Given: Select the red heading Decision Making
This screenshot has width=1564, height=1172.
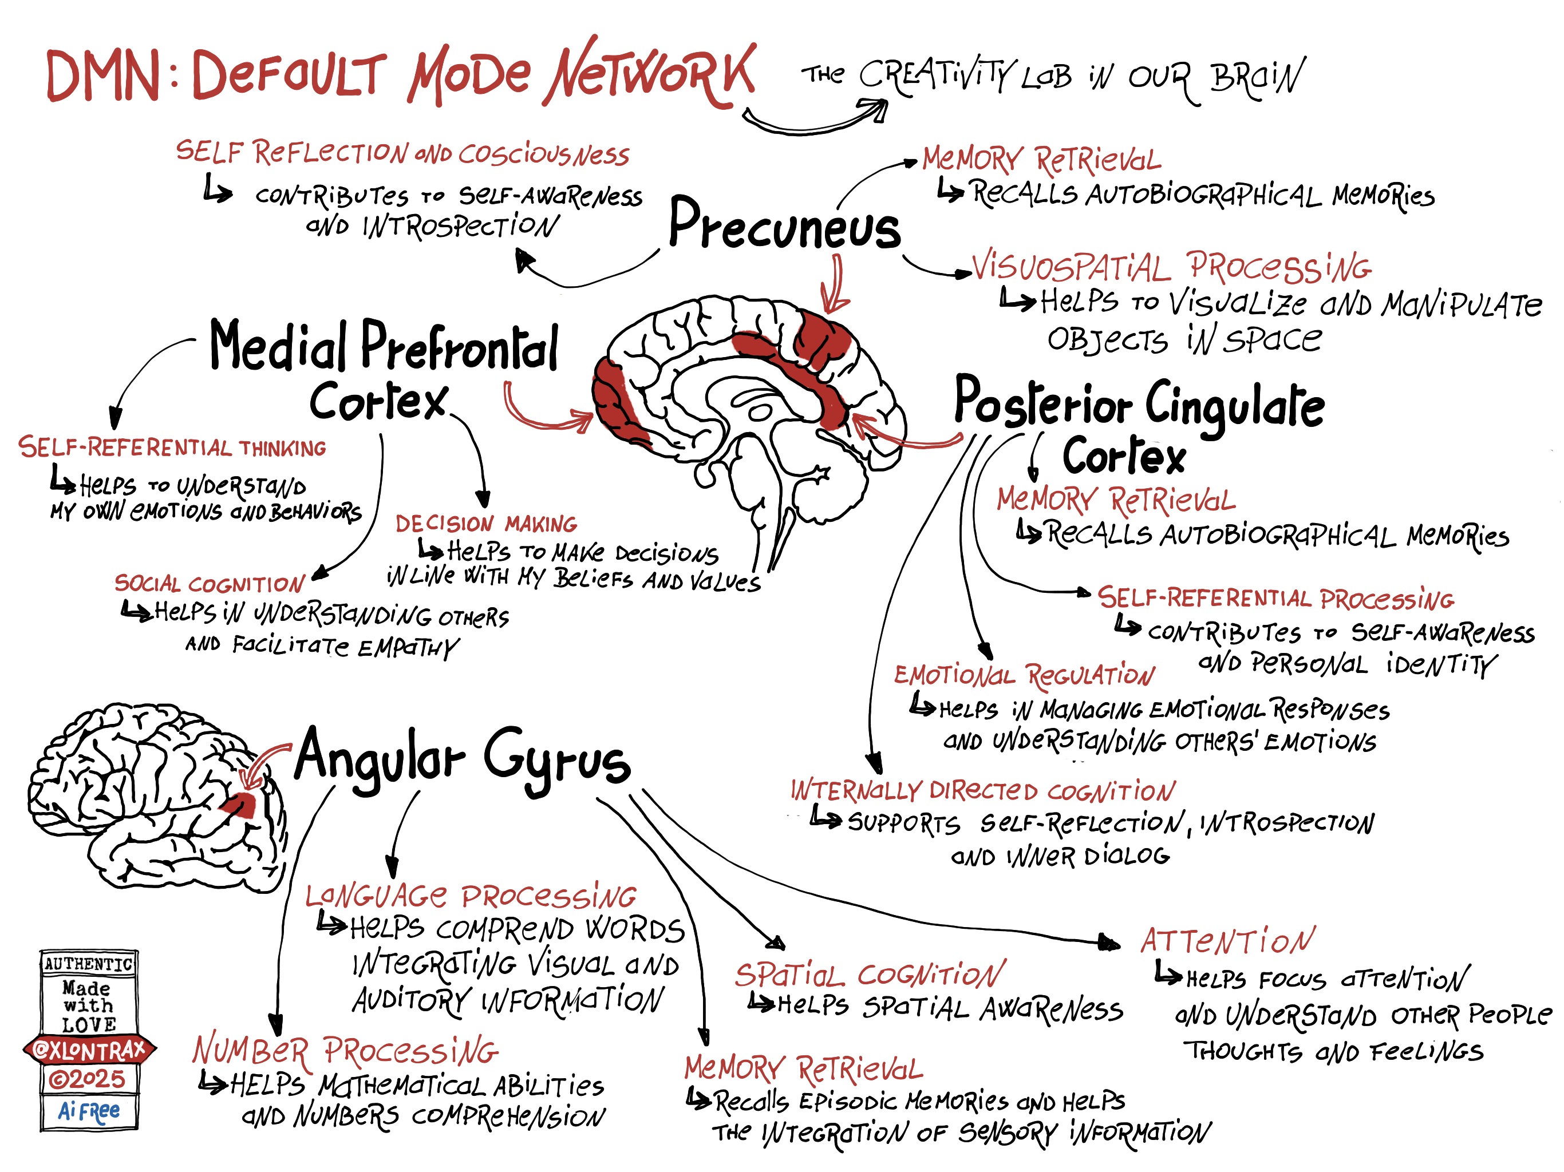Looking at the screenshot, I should pos(486,524).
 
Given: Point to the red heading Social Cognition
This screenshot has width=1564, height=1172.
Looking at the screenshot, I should pos(210,584).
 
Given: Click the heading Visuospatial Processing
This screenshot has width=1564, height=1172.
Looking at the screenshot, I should pos(1170,267).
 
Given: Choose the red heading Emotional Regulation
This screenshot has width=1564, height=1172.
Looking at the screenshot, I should pos(1023,676).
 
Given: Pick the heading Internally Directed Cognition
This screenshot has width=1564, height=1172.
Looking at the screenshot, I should pos(982,790).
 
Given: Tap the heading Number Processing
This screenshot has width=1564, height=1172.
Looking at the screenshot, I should pos(345,1051).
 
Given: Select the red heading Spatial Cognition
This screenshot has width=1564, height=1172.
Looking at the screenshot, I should pos(869,976).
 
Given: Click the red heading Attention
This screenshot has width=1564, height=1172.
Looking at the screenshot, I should pos(1227,941).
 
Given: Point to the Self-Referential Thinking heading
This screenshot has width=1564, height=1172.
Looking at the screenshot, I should pos(172,448).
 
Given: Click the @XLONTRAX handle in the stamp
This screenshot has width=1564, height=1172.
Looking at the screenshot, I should pos(89,1051).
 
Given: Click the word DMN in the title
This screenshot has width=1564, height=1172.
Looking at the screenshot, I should pos(102,76).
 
